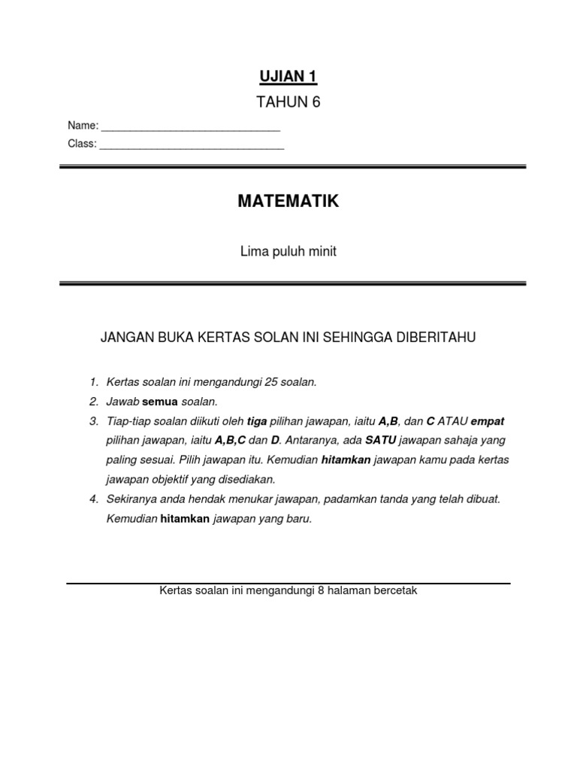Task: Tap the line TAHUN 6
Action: tap(289, 103)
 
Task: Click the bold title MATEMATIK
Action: tap(288, 202)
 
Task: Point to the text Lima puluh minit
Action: tap(288, 252)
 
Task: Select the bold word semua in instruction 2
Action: tap(161, 402)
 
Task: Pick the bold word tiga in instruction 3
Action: tap(258, 421)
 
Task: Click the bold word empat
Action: tap(487, 421)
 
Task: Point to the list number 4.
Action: tap(92, 499)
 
